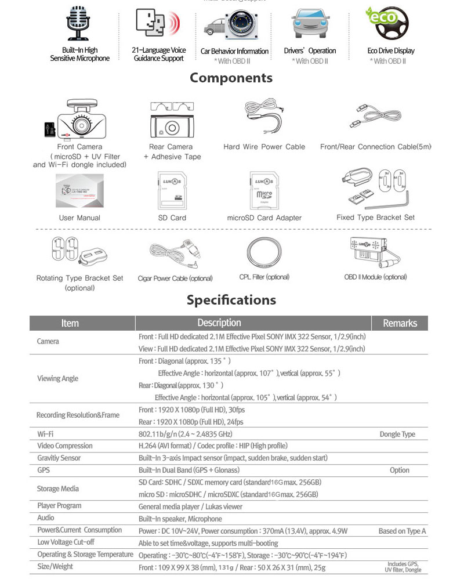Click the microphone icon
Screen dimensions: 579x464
[79, 24]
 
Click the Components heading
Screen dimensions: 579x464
[231, 78]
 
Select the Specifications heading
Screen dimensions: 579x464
[231, 300]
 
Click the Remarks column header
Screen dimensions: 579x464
[400, 323]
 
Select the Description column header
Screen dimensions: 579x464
[219, 323]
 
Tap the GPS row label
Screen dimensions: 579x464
[43, 470]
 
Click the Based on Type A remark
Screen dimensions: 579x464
[402, 531]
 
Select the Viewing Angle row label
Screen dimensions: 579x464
[57, 378]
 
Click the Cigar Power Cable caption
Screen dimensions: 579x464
[175, 278]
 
